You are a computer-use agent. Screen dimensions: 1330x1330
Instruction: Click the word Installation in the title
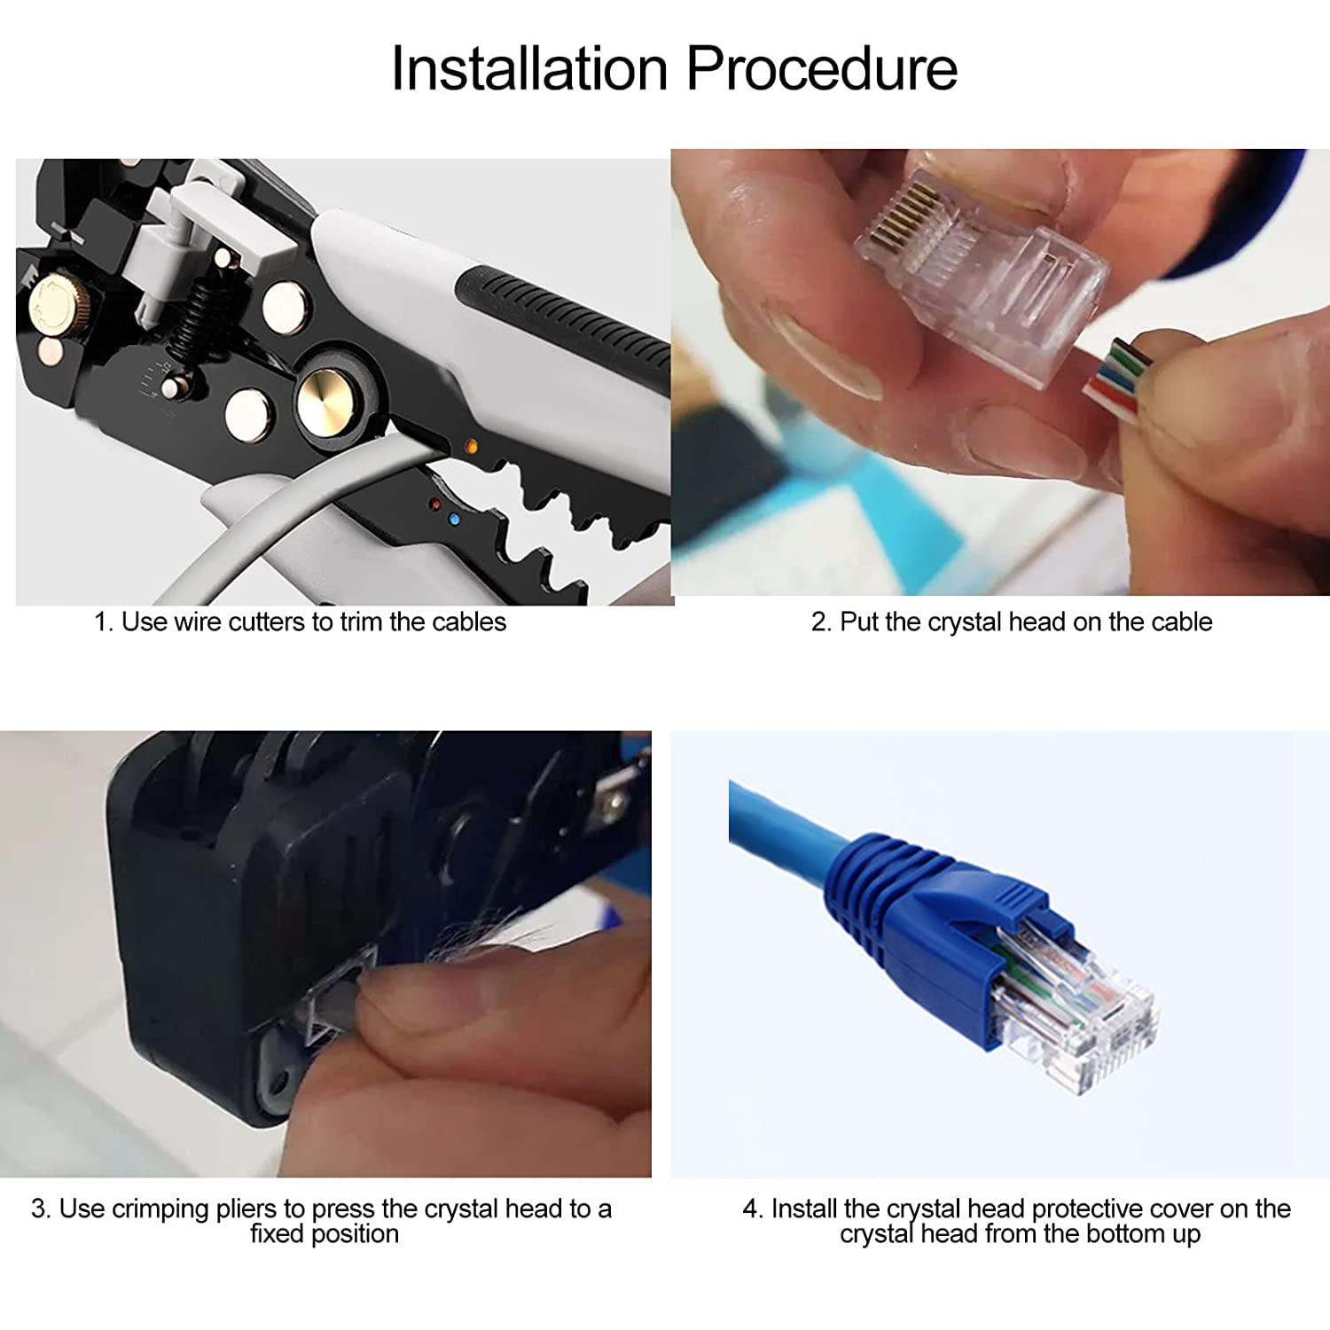529,68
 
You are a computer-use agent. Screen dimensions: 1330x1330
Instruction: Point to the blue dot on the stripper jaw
455,520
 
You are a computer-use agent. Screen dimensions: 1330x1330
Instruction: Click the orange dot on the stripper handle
472,447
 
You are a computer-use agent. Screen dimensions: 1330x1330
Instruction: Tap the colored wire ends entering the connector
1119,377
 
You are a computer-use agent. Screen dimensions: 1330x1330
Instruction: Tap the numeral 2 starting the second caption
818,622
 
